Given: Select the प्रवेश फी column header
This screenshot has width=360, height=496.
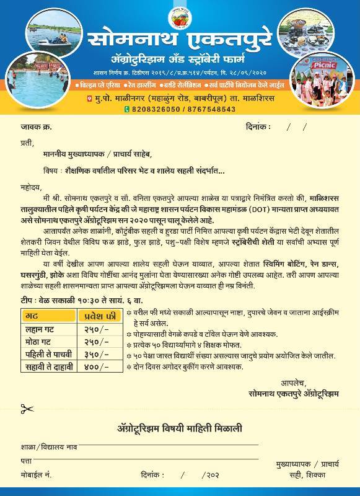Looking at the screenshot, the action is click(x=99, y=317).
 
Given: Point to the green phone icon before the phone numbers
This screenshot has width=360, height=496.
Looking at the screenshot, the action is click(x=127, y=109).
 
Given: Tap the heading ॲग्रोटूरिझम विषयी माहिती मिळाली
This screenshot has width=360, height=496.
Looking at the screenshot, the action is click(x=180, y=428).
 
